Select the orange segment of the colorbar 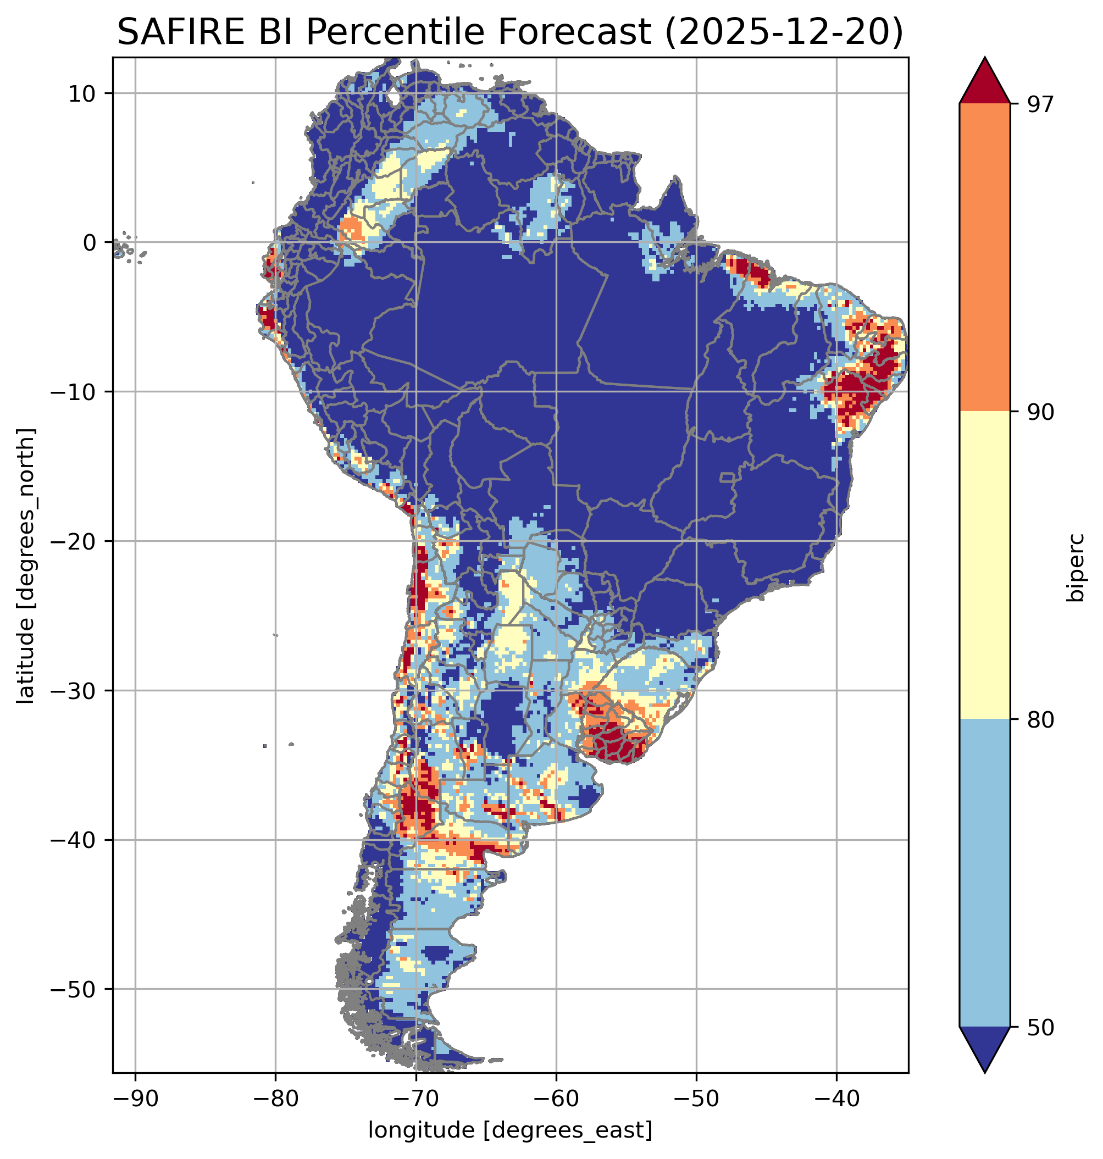tap(984, 258)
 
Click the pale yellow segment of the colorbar tap(984, 564)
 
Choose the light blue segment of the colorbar tap(984, 873)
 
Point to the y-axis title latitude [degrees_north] tap(25, 564)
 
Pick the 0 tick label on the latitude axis tap(90, 243)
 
